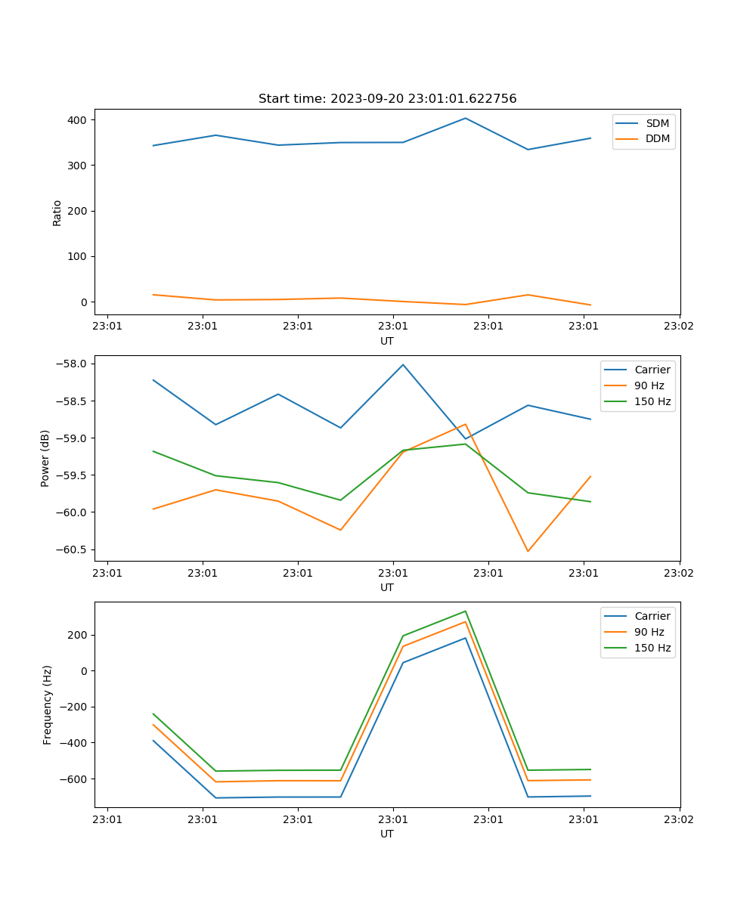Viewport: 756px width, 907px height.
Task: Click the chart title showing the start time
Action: click(x=387, y=99)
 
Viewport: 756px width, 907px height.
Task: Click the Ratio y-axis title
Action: click(x=57, y=213)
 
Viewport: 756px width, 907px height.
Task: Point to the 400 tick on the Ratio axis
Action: click(x=79, y=120)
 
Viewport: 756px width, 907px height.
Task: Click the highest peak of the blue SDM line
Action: click(x=466, y=118)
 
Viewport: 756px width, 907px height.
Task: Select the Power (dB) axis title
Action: click(x=45, y=458)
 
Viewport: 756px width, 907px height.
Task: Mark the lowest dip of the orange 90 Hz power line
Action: click(x=528, y=551)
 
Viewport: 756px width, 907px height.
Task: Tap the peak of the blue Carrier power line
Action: click(x=403, y=364)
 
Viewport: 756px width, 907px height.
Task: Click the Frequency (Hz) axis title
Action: click(x=48, y=704)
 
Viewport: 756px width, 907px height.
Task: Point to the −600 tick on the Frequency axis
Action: click(x=76, y=779)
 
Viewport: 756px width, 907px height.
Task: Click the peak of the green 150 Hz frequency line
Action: click(x=466, y=611)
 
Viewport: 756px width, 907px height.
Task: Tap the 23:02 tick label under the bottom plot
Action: click(x=678, y=819)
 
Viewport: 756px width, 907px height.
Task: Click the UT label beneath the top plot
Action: click(x=387, y=341)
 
